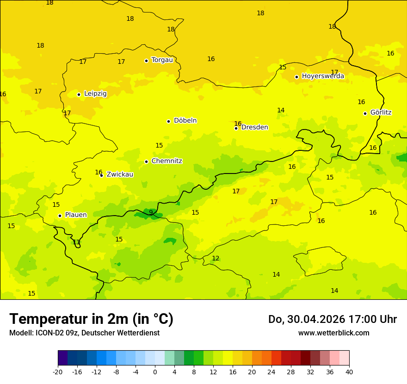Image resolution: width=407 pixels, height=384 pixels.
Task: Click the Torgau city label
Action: pyautogui.click(x=162, y=60)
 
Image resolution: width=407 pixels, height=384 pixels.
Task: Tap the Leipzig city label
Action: pyautogui.click(x=95, y=94)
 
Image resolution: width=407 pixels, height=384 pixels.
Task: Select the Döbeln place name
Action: pyautogui.click(x=185, y=121)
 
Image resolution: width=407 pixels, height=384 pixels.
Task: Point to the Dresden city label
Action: pyautogui.click(x=254, y=127)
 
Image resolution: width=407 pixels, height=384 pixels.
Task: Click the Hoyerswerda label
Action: pyautogui.click(x=323, y=76)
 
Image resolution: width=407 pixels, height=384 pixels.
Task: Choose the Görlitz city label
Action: pyautogui.click(x=381, y=112)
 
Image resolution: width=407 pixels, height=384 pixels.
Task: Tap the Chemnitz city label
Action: pyautogui.click(x=166, y=161)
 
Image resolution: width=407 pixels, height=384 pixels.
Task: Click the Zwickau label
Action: pyautogui.click(x=120, y=174)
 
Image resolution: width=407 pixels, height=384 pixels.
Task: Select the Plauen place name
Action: pyautogui.click(x=75, y=215)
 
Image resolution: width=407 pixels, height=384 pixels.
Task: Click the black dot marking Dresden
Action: pyautogui.click(x=236, y=128)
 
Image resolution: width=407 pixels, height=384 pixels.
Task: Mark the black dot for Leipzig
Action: pyautogui.click(x=79, y=94)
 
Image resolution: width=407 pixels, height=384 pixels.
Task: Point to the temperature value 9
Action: pyautogui.click(x=151, y=212)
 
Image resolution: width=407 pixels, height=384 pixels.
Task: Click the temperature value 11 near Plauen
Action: pyautogui.click(x=76, y=242)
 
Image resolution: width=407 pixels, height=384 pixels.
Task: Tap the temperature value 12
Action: pyautogui.click(x=216, y=258)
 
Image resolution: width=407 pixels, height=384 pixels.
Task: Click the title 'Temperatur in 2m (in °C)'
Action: pyautogui.click(x=91, y=319)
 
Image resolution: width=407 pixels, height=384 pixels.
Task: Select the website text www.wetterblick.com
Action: pyautogui.click(x=333, y=333)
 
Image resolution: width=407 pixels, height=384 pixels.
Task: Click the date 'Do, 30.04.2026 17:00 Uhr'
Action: pyautogui.click(x=333, y=319)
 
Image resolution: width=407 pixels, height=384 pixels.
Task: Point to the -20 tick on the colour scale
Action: pyautogui.click(x=58, y=372)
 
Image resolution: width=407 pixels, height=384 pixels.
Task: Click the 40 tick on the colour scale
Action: pyautogui.click(x=349, y=372)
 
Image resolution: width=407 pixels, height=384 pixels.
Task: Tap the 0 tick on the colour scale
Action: pyautogui.click(x=155, y=372)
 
